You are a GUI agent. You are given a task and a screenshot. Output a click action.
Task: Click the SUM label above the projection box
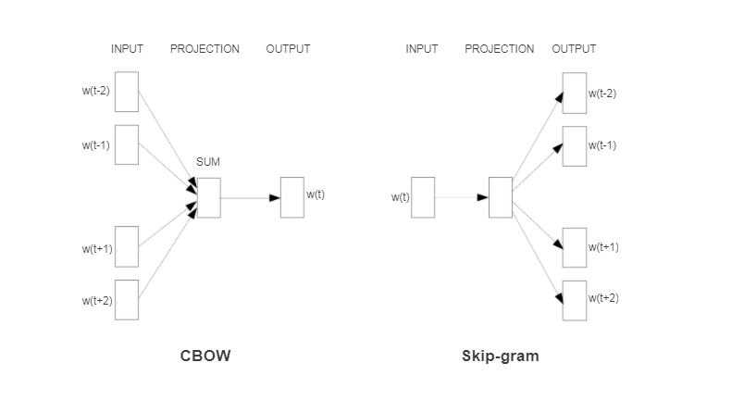click(x=208, y=162)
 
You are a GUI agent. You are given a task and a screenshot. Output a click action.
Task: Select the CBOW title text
click(x=205, y=356)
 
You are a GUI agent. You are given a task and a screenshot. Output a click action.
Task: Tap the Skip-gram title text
click(x=500, y=356)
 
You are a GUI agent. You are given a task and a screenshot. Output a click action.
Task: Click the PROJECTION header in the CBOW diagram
click(x=205, y=49)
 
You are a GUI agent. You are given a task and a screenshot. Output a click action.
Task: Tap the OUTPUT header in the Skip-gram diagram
click(x=574, y=49)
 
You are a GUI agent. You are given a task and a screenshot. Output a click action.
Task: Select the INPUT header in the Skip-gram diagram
click(x=422, y=49)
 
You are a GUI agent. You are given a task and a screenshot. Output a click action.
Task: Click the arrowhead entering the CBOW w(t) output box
click(x=275, y=198)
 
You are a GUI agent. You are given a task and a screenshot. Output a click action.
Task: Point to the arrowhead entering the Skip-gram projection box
click(x=483, y=197)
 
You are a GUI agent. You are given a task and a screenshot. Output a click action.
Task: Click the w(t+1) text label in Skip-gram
click(x=603, y=247)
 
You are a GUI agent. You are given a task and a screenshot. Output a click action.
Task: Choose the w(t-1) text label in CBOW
click(x=96, y=145)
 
